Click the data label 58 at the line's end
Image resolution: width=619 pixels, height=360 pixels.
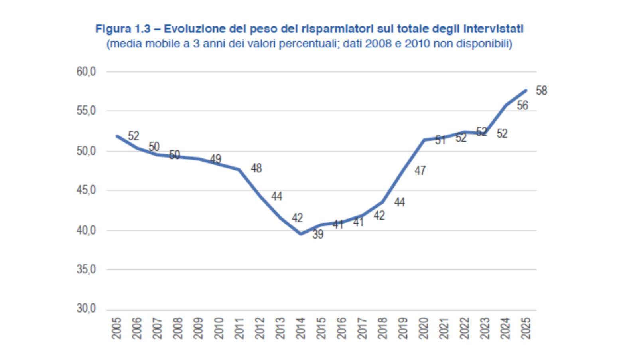[541, 91]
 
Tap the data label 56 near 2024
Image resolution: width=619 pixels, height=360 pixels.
[522, 105]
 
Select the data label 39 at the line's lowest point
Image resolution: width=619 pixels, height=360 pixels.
[317, 235]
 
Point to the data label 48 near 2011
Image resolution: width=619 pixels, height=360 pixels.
[256, 168]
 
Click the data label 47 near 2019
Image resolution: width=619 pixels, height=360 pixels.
[420, 171]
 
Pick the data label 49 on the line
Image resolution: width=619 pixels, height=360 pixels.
[215, 159]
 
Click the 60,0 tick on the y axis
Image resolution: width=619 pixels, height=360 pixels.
[86, 72]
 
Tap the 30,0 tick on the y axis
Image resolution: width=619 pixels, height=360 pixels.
[86, 309]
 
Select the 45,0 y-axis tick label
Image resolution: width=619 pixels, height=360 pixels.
[86, 190]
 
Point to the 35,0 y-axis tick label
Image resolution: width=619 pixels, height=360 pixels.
[86, 269]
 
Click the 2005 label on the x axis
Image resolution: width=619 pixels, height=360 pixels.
[116, 328]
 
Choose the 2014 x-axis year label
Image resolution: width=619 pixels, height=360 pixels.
[301, 328]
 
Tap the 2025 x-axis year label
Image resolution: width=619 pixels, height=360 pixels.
[526, 328]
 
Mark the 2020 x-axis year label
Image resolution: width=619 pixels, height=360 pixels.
[424, 328]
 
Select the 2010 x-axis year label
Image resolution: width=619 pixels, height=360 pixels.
[219, 328]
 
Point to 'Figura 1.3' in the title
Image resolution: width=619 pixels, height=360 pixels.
[123, 29]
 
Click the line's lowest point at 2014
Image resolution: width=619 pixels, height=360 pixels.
[301, 234]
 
